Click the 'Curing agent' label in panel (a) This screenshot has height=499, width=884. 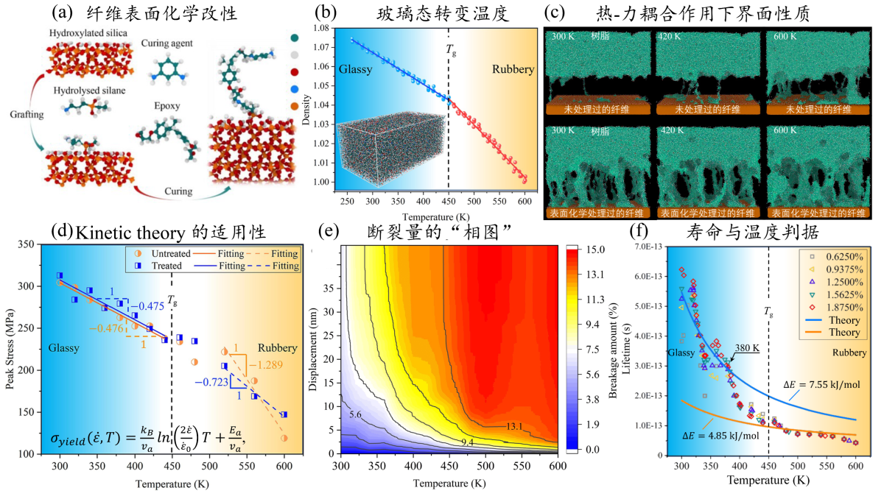(x=166, y=44)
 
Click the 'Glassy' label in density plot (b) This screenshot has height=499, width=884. (x=357, y=70)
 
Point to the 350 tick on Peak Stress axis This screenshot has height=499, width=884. (x=30, y=244)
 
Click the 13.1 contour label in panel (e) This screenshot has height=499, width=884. (x=498, y=425)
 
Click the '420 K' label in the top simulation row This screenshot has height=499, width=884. (x=670, y=35)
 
